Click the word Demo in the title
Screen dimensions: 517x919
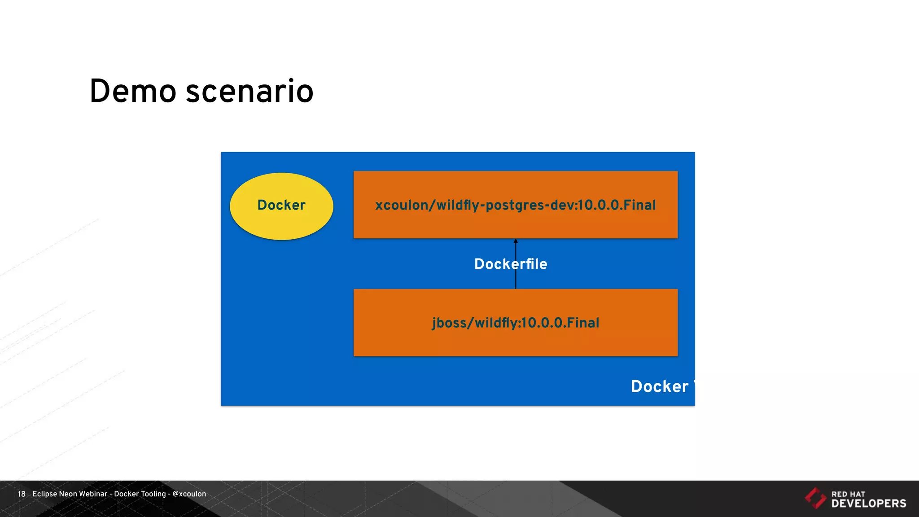click(x=133, y=92)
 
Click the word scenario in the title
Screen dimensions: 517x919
click(x=249, y=92)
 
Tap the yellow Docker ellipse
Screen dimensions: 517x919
click(x=281, y=206)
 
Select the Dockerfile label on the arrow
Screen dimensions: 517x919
click(x=511, y=264)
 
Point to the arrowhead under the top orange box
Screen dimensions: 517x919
click(x=516, y=241)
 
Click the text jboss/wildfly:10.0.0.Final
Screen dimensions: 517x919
click(x=516, y=323)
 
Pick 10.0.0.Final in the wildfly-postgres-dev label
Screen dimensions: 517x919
click(x=617, y=205)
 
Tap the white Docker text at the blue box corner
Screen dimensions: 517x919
click(x=660, y=386)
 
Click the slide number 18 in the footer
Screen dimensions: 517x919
click(x=22, y=494)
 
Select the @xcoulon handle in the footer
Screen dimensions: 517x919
click(x=189, y=494)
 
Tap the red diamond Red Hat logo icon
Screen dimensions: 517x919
click(x=815, y=498)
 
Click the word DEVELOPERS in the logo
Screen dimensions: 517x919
click(x=869, y=504)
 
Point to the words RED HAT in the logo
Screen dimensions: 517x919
click(x=848, y=494)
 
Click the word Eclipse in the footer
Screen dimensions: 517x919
click(x=44, y=494)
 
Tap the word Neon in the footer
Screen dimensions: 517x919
click(x=68, y=494)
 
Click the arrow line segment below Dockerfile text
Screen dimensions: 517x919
click(x=516, y=281)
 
